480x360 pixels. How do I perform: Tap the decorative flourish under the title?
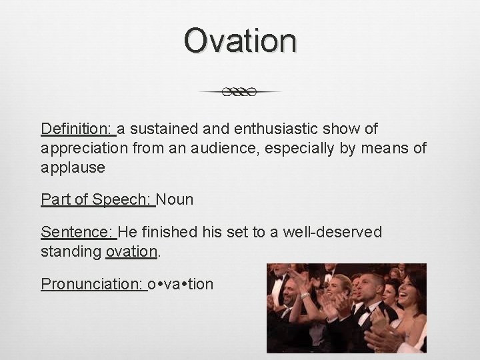240,92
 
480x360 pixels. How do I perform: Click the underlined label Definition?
78,128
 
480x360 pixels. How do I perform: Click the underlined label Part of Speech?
97,199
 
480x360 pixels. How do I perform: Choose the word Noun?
175,199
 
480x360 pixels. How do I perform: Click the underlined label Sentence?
78,232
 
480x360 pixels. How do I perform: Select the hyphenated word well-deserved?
332,232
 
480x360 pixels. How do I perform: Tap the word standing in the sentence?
71,252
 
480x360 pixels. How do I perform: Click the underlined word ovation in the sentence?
131,252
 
